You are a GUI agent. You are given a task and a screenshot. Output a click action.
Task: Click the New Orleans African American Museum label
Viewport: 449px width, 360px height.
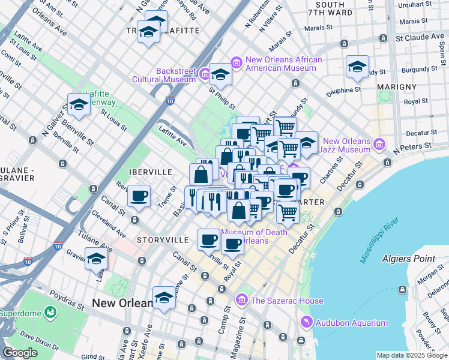pos(283,64)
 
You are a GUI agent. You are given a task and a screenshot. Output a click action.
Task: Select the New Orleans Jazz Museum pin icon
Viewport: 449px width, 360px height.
pos(379,144)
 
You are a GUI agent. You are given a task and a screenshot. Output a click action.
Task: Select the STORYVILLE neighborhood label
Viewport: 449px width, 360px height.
pos(163,240)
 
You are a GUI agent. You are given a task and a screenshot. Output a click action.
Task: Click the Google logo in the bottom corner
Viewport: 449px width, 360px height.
pos(20,353)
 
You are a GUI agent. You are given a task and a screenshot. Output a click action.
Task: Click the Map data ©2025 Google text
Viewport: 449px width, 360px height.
pos(411,355)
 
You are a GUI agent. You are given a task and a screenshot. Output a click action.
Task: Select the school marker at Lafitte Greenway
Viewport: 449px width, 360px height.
pos(79,105)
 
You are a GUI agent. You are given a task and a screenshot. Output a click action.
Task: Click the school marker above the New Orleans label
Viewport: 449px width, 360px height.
pos(164,298)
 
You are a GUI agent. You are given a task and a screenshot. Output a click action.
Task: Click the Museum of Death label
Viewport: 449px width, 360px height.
pos(255,232)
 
